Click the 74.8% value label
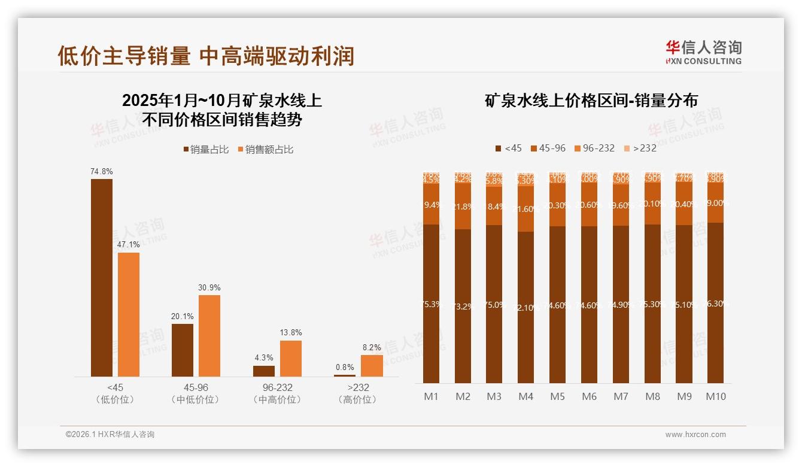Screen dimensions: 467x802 102,171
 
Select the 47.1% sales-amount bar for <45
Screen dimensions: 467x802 129,314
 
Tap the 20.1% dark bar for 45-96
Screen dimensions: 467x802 183,350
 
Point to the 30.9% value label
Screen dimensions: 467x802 209,287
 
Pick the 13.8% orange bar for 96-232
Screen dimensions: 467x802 291,359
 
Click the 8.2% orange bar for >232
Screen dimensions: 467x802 372,366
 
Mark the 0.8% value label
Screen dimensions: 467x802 345,367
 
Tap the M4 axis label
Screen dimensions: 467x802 525,396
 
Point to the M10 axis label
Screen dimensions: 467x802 716,396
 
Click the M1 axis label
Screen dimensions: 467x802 431,396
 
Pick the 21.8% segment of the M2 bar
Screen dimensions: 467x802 463,207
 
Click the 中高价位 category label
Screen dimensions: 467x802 277,400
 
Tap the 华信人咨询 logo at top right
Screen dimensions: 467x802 703,51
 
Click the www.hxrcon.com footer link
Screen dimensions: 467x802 695,435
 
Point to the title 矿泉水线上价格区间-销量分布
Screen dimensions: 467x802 591,101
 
